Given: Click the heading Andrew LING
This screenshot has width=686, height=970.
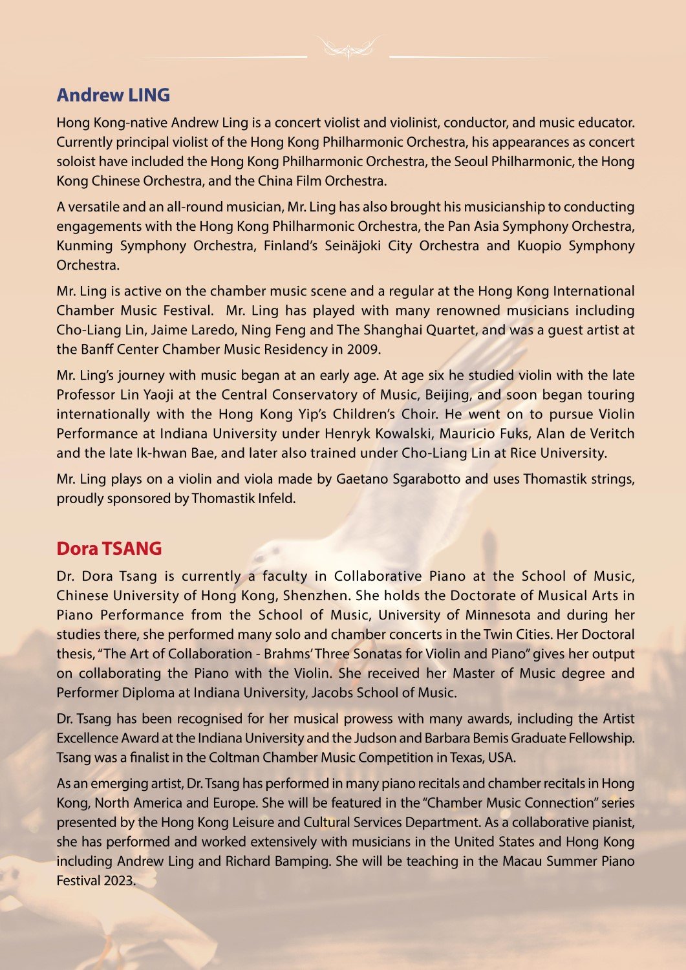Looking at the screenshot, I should pyautogui.click(x=113, y=95).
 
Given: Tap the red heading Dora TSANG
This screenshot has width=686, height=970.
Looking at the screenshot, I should pyautogui.click(x=109, y=548).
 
